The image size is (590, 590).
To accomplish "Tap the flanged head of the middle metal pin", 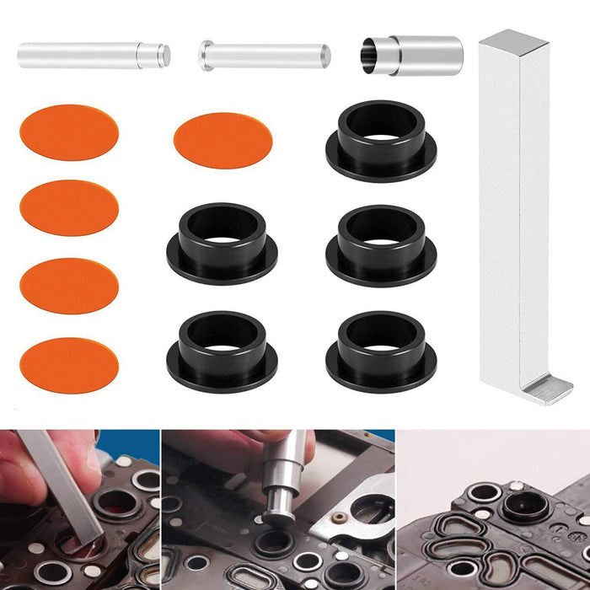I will [x=206, y=56].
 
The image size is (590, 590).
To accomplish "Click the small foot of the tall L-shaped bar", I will [x=545, y=389].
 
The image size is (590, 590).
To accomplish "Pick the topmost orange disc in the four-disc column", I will [x=69, y=131].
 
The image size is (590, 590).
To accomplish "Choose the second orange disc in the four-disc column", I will [x=69, y=207].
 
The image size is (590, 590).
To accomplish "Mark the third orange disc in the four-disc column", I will [x=69, y=286].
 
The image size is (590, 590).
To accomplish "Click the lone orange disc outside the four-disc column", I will [x=223, y=140].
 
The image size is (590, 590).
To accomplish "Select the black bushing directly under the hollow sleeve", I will [x=381, y=138].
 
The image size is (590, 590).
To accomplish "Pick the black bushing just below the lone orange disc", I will [x=223, y=241].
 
